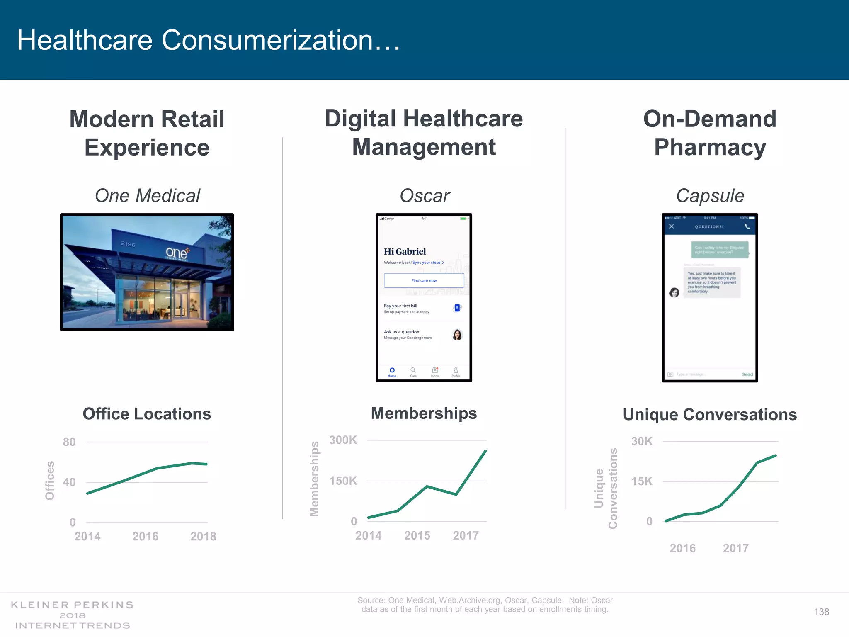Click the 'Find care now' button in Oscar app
424,280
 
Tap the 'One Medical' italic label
147,196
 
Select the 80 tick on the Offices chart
69,442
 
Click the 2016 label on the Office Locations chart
145,536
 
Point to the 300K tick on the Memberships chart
343,440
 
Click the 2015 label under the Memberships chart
417,535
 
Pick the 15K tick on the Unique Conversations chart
642,481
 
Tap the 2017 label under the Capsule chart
735,548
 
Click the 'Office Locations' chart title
147,414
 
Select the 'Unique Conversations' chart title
710,415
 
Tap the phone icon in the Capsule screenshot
747,226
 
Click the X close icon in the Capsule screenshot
672,226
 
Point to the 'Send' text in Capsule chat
747,374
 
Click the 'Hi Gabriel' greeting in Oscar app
405,251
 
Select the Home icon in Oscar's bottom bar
392,371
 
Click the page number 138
821,612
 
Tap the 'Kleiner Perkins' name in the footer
72,605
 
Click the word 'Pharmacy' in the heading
710,147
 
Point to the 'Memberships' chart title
424,413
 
